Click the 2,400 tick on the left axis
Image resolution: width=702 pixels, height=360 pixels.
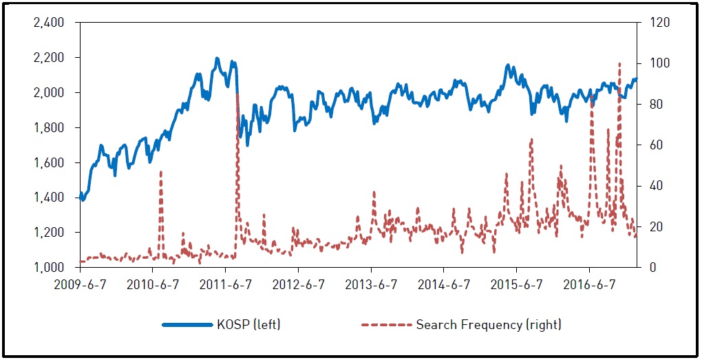click(x=49, y=23)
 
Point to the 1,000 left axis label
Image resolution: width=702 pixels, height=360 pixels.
click(x=49, y=268)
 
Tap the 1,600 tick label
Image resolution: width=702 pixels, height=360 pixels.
click(x=49, y=163)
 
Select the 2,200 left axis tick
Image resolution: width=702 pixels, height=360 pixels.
click(x=49, y=58)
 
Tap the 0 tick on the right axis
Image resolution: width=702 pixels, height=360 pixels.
click(x=646, y=268)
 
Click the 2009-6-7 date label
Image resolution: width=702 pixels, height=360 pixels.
click(x=80, y=285)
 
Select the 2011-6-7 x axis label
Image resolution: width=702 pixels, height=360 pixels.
click(x=225, y=285)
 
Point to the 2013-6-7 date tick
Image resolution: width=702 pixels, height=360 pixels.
click(x=371, y=285)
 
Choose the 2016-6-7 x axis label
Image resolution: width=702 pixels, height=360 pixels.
click(x=589, y=285)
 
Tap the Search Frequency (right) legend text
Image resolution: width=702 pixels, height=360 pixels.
click(x=489, y=324)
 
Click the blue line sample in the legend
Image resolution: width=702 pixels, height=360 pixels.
click(x=187, y=324)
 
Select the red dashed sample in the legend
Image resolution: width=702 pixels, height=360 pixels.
click(x=385, y=324)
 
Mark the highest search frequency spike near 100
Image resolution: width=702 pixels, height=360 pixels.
click(x=620, y=64)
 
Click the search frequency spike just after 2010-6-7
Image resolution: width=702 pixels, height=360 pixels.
click(x=160, y=172)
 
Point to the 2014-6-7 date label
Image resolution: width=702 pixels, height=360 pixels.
click(x=444, y=285)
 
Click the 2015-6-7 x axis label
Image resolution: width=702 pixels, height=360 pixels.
click(x=517, y=285)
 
